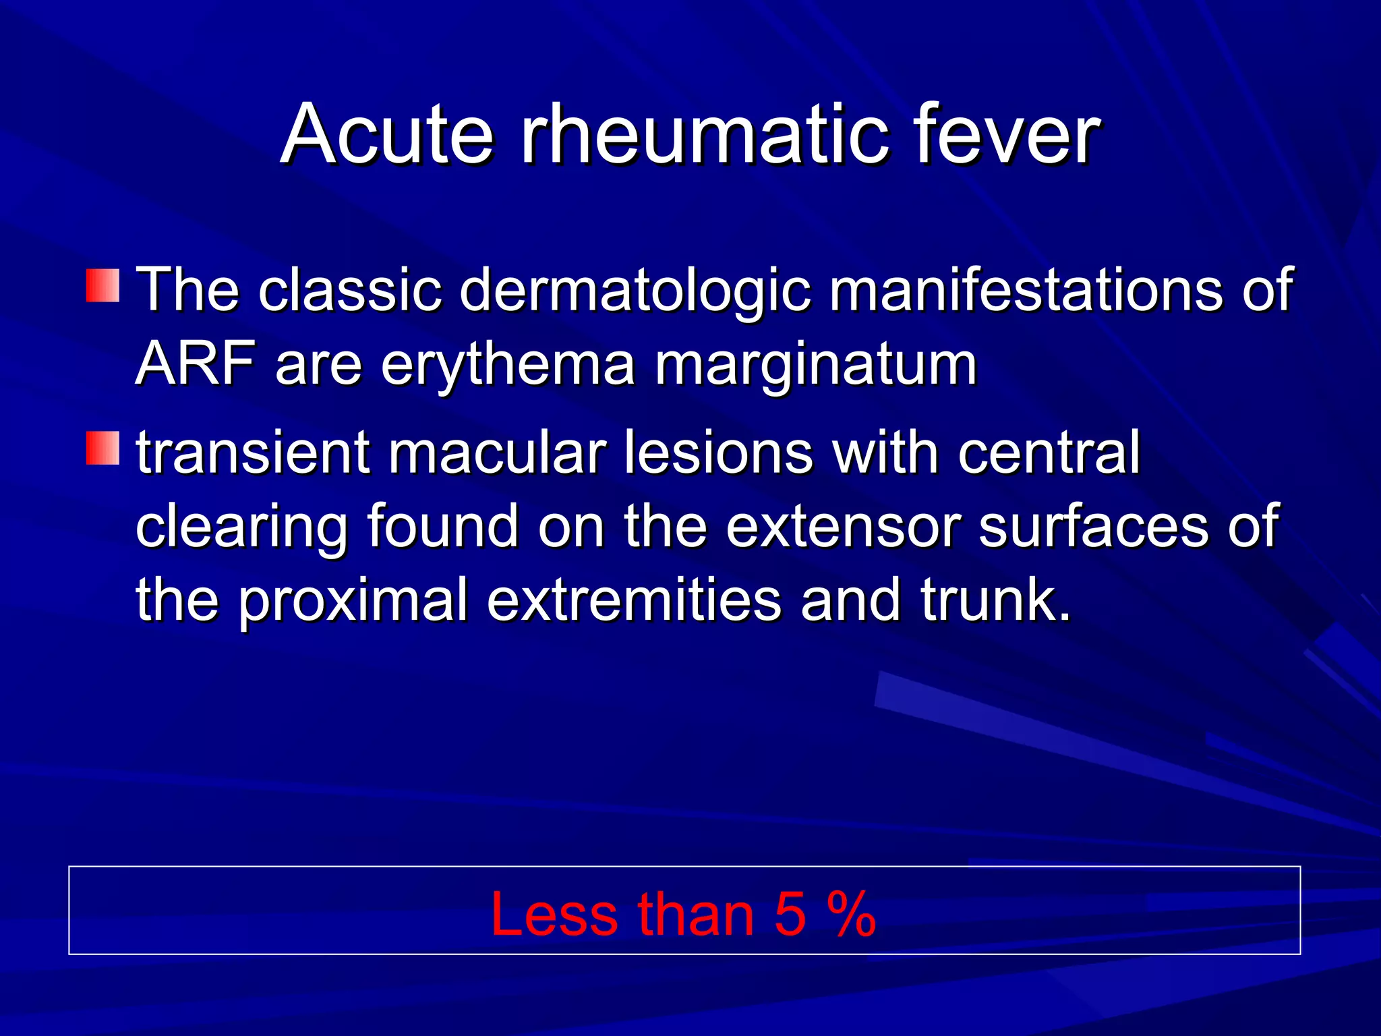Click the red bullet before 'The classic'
[102, 285]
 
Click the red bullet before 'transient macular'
[102, 449]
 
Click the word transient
[254, 452]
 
